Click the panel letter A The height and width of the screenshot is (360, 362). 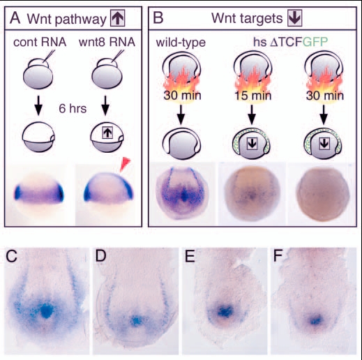coord(15,18)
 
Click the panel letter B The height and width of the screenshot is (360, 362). coord(158,18)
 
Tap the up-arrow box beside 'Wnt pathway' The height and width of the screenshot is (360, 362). coord(118,18)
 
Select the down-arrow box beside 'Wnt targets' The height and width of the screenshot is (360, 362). coord(295,18)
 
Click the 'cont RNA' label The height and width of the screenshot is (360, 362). coord(40,43)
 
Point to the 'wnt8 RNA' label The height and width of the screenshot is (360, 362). coord(107,43)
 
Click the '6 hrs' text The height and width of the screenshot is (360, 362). coord(73,109)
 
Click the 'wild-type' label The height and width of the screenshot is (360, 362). coord(181,43)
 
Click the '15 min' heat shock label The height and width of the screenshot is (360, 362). coord(253,96)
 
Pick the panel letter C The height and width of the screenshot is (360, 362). coord(12,256)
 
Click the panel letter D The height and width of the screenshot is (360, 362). coord(101,256)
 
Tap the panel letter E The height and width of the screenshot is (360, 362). coord(190,256)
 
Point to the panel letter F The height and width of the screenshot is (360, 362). coord(278,256)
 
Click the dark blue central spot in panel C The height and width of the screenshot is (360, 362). coord(47,311)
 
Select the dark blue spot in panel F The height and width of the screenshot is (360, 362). coord(315,320)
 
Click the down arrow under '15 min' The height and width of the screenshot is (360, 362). coord(252,114)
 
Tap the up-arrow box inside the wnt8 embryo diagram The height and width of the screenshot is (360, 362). coord(107,133)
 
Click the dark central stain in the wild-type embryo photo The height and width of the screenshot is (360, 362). coord(184,196)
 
